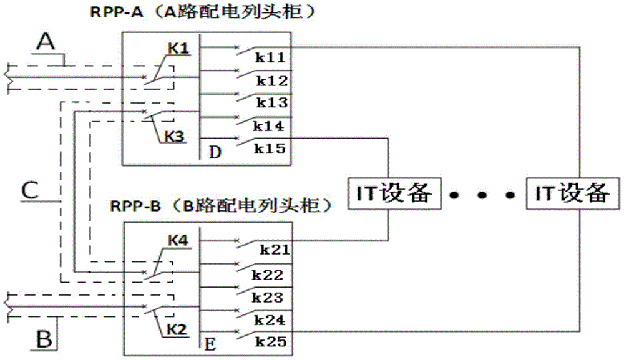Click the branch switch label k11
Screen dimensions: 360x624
coord(270,57)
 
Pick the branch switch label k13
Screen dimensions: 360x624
coord(270,104)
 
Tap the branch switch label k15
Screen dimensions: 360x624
coord(270,148)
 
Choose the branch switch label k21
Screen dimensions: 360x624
coord(273,250)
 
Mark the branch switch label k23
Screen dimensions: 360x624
coord(270,298)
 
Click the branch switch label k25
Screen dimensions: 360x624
coord(270,342)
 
